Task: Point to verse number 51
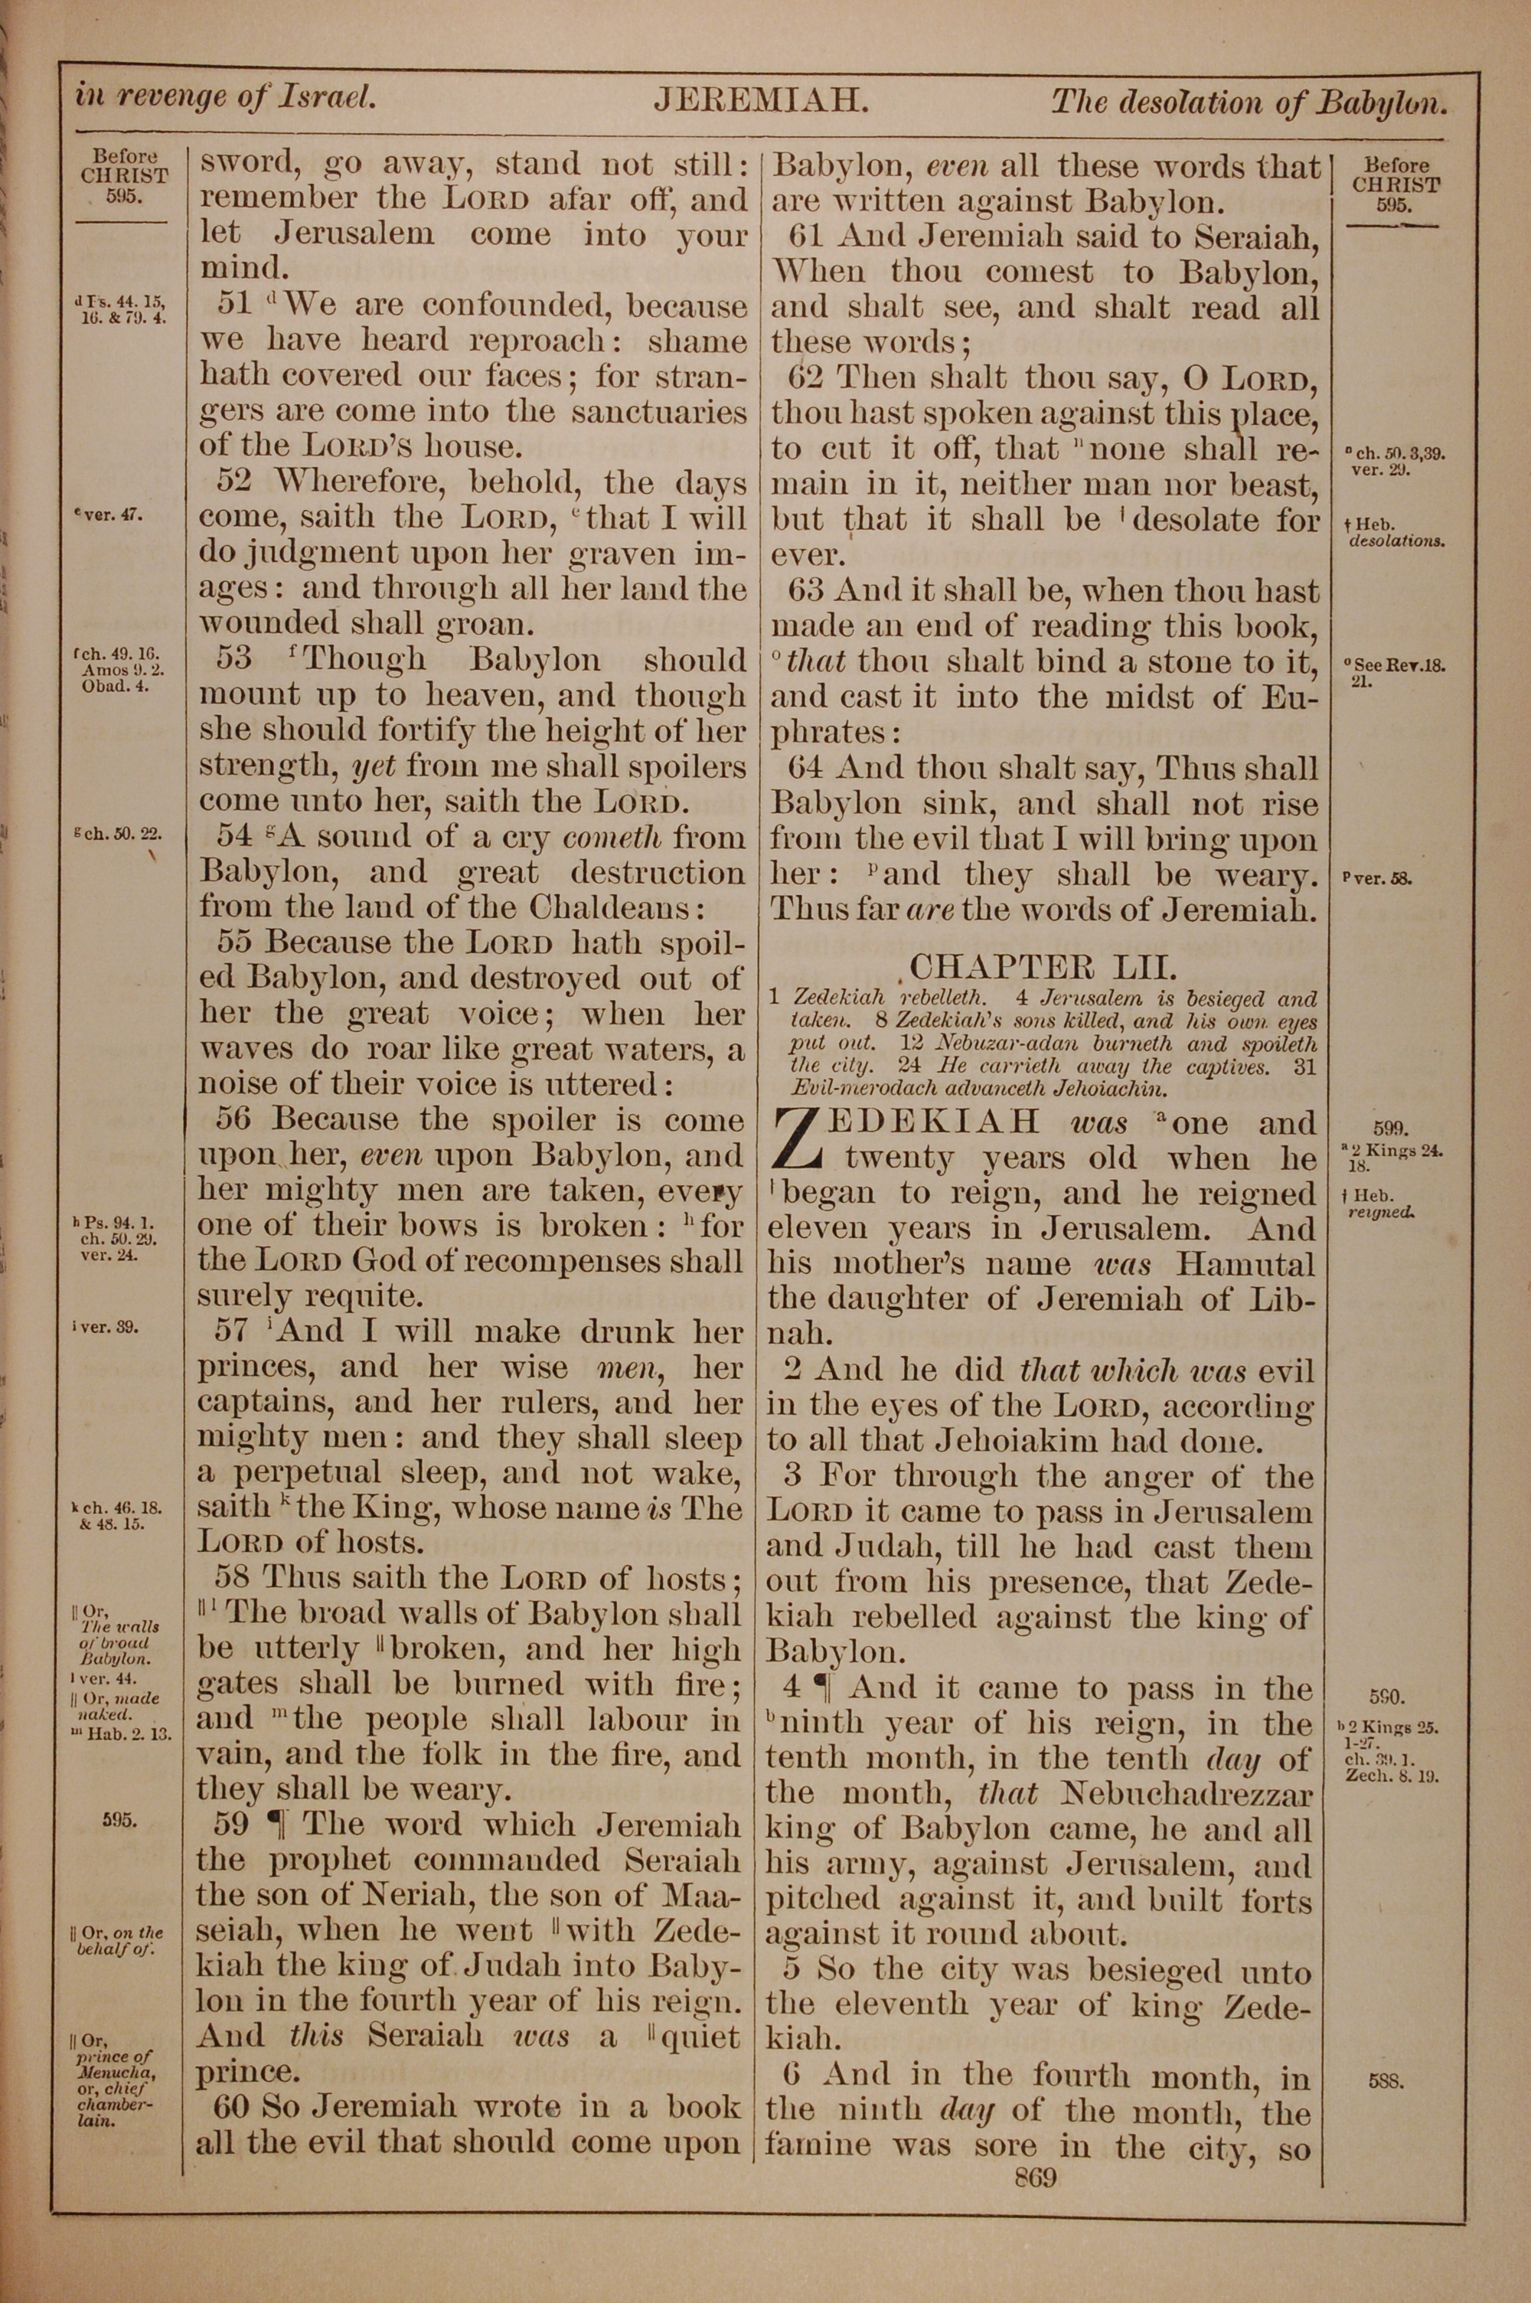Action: (235, 305)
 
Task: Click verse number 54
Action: (235, 837)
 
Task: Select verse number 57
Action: (235, 1331)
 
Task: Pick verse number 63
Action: (807, 590)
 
